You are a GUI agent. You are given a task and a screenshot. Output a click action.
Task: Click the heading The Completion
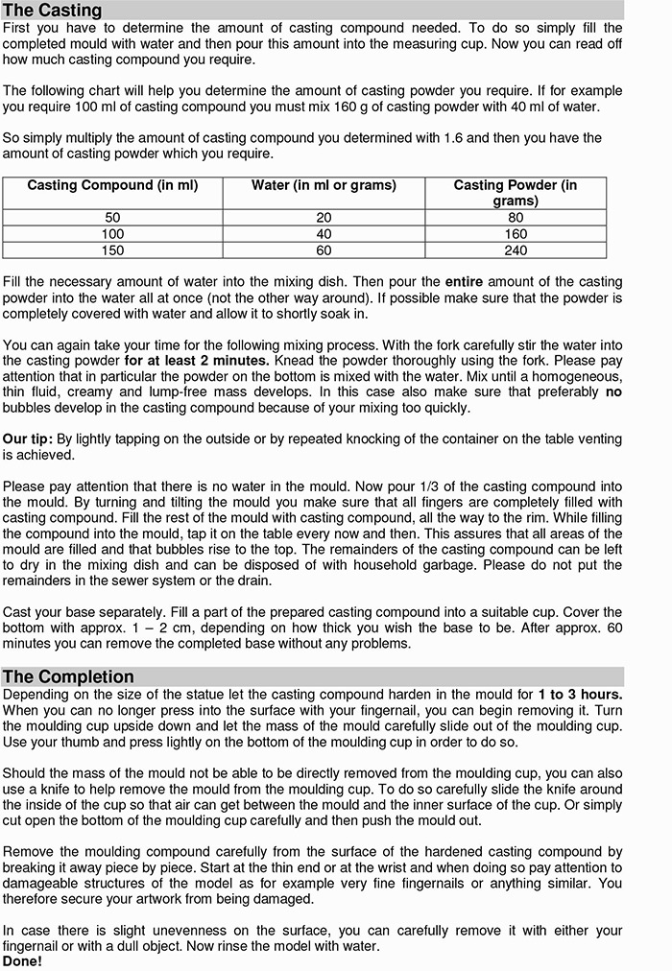68,676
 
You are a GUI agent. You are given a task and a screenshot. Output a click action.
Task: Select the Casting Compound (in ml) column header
112,185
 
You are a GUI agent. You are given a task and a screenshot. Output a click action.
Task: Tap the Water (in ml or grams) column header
324,185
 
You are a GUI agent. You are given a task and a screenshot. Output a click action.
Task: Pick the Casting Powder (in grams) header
515,193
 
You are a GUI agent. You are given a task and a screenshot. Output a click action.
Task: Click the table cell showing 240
515,250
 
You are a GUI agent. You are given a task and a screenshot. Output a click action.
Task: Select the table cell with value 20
324,218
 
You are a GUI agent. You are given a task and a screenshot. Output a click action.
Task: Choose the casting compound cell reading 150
112,250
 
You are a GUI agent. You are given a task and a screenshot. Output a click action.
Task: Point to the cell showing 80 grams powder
515,218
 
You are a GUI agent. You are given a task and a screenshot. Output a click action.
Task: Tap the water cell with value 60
324,250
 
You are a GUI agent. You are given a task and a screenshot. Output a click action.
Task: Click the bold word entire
466,282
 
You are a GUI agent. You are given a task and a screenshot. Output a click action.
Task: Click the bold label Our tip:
27,438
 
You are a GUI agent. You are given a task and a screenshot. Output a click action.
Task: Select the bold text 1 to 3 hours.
580,694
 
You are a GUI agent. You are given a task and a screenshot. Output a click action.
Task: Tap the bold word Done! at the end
22,960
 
